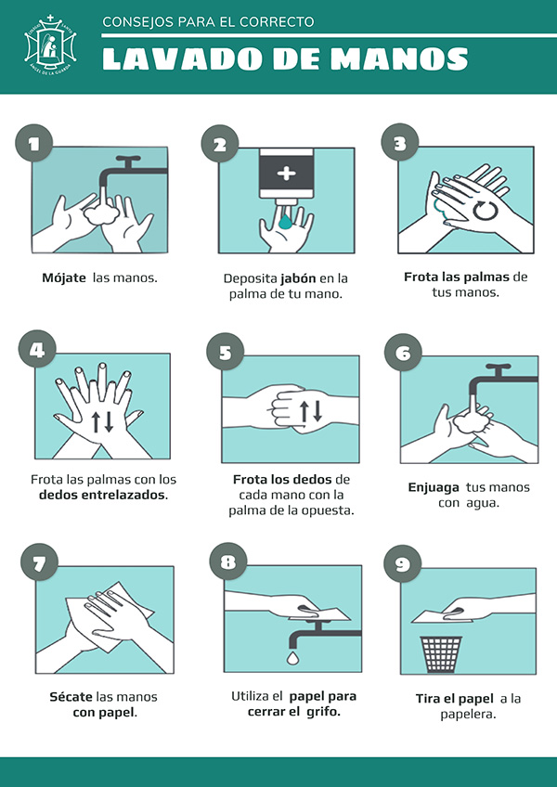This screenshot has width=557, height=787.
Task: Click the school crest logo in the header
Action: point(51,45)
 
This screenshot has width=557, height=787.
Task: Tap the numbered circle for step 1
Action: point(34,143)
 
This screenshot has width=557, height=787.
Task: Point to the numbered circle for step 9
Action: point(402,563)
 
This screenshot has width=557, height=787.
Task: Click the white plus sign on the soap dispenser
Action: point(287,174)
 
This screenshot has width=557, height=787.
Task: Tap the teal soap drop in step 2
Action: point(285,221)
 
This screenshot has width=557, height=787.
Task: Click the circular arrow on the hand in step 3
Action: point(486,211)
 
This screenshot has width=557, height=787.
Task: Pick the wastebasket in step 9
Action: point(440,654)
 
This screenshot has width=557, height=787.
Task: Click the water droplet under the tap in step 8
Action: point(292,657)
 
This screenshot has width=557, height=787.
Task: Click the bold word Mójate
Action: point(64,278)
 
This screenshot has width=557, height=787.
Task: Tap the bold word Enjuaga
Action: point(434,487)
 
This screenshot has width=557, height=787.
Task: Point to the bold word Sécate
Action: point(71,697)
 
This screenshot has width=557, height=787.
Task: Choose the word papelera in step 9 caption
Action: point(469,715)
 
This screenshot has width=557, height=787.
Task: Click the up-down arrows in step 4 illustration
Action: point(102,422)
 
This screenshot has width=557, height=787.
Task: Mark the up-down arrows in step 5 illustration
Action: point(310,411)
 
